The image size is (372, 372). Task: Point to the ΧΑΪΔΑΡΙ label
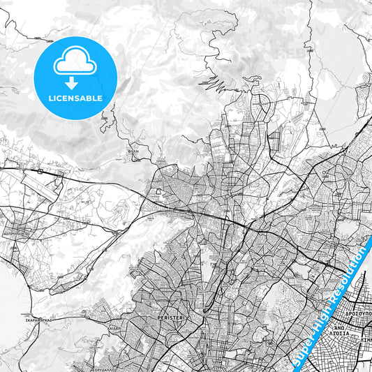coord(114,326)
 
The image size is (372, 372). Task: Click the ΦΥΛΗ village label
coord(133,150)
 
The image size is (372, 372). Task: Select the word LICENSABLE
coord(75,98)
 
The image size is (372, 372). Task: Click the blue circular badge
coord(75,77)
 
